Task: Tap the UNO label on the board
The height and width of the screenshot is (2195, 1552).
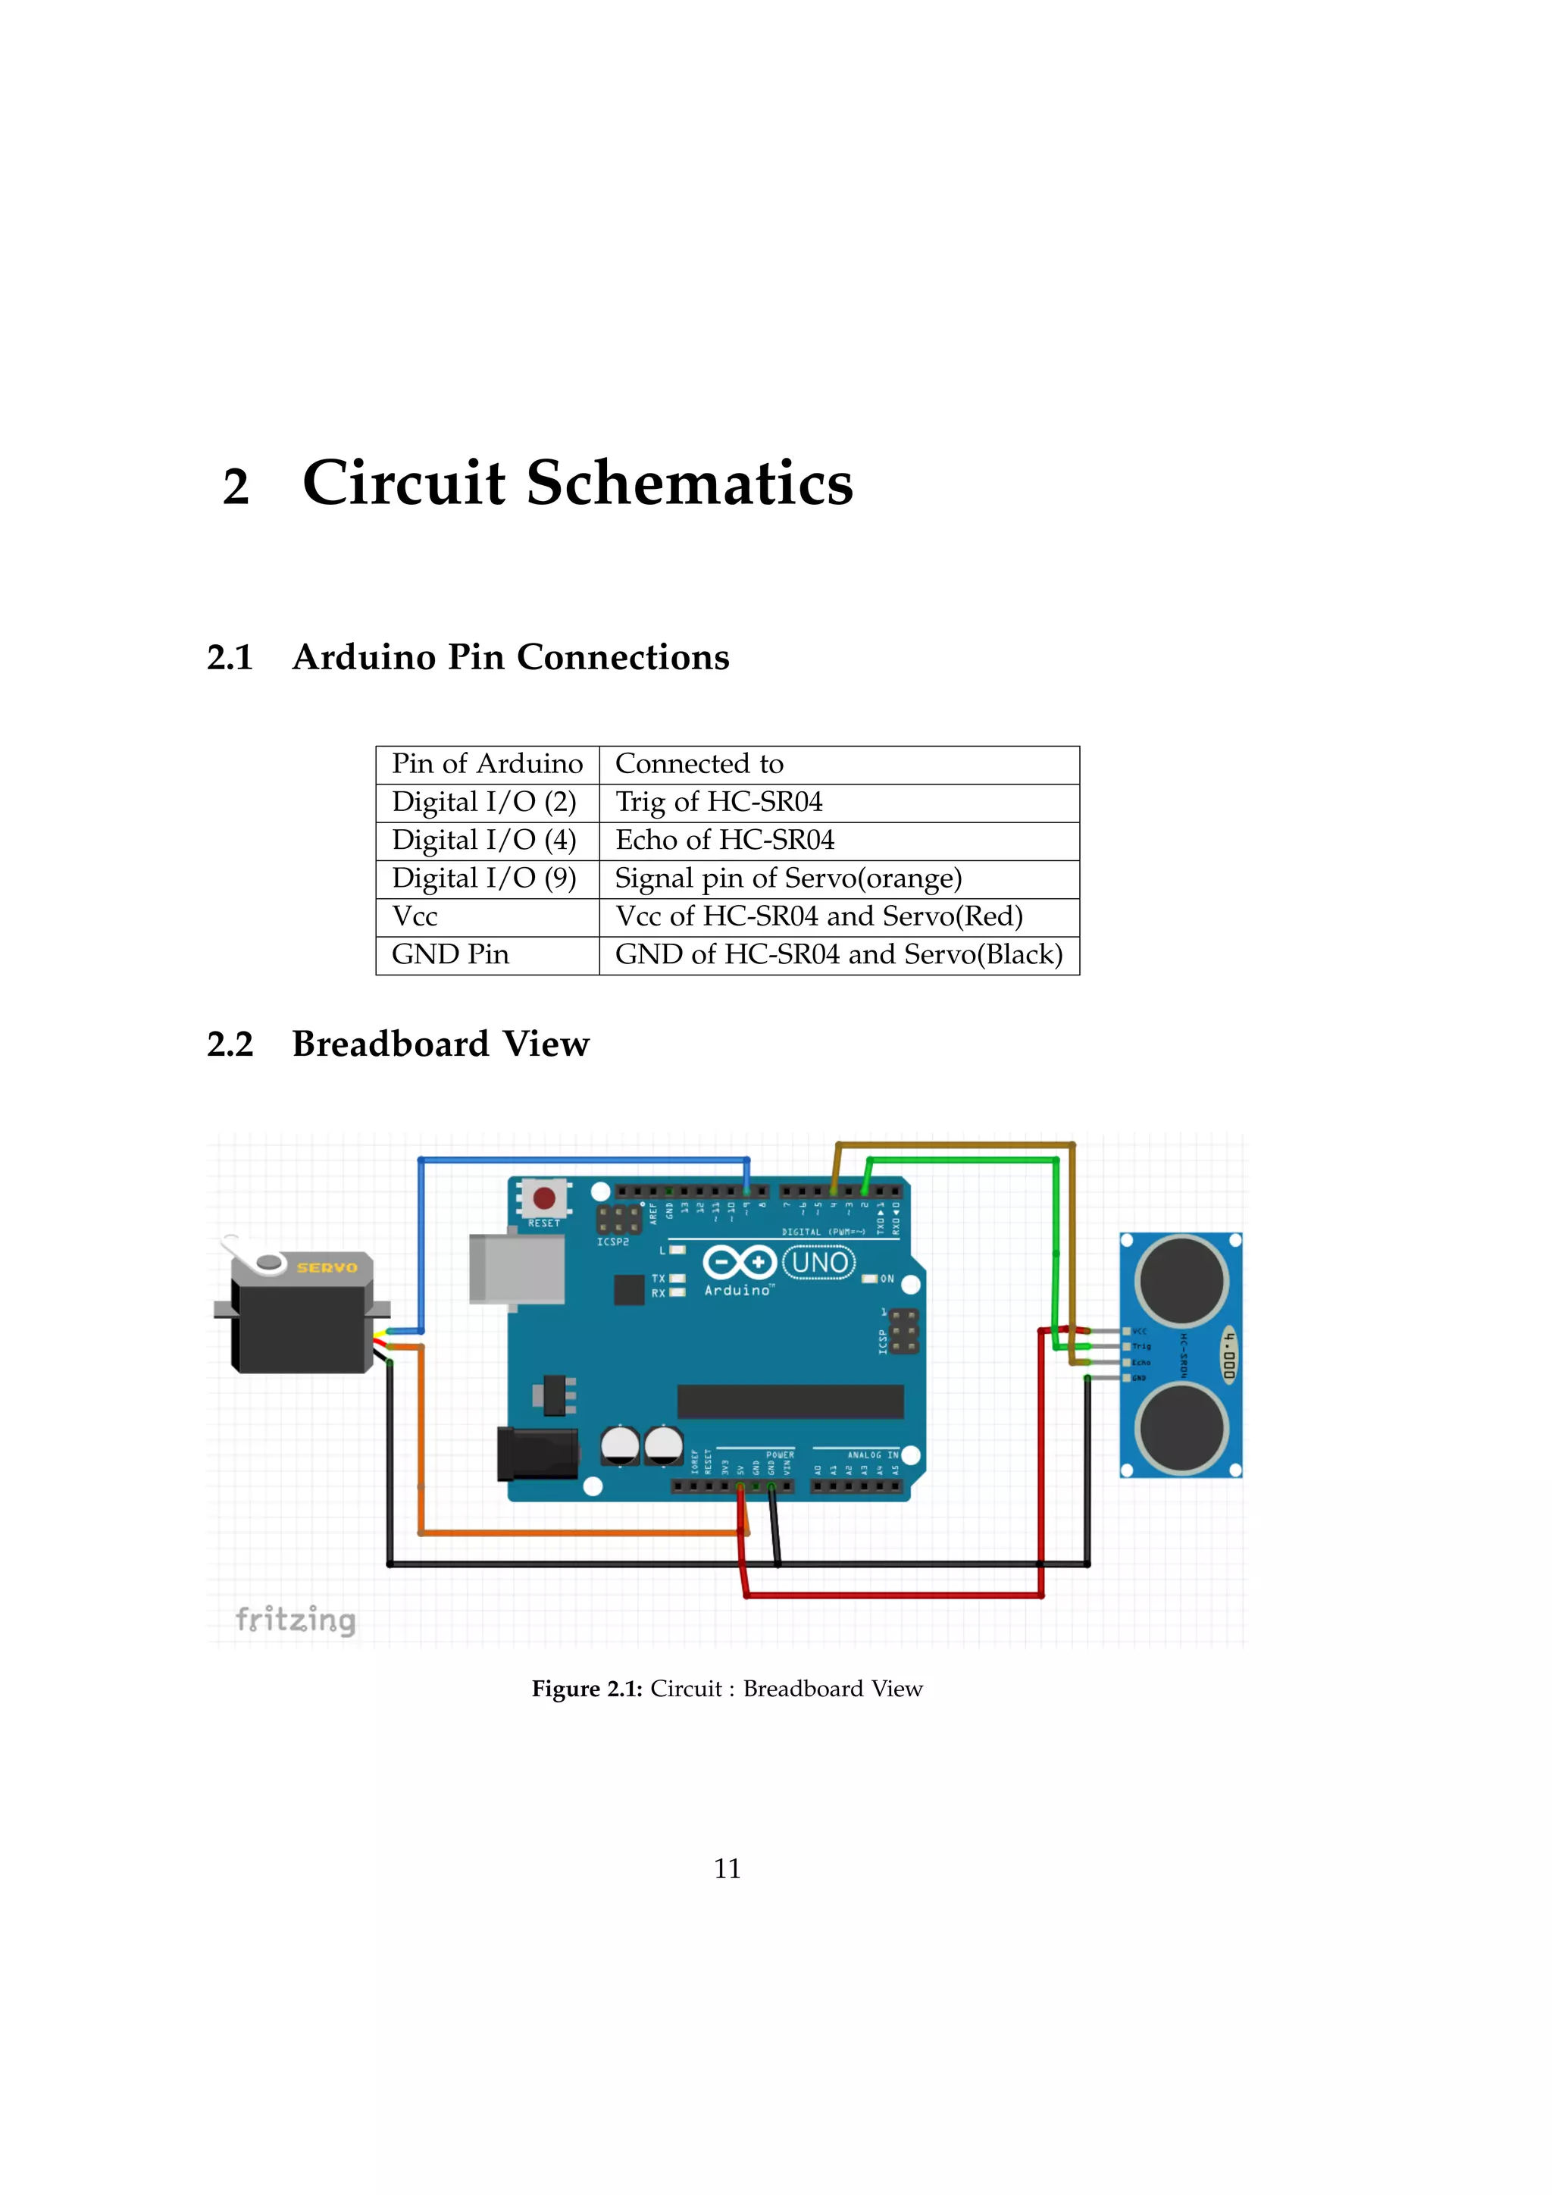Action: point(819,1263)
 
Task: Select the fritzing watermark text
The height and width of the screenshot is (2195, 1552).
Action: point(296,1620)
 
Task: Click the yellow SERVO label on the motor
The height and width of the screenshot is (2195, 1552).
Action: point(326,1268)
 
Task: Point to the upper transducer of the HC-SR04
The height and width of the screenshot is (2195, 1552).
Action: point(1182,1279)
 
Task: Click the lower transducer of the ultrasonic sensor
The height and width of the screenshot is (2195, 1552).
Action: point(1182,1427)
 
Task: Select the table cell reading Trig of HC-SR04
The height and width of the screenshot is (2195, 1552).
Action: point(718,802)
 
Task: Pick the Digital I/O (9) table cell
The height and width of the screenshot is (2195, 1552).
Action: point(484,878)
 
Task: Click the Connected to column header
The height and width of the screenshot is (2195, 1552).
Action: point(699,764)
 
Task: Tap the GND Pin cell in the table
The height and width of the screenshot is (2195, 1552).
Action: point(450,955)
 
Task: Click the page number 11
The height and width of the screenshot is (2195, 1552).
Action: point(727,1868)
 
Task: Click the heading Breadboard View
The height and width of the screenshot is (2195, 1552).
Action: point(440,1044)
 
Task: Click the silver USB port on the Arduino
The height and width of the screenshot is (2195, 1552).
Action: point(517,1269)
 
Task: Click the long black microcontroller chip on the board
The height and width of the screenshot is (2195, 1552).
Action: point(790,1401)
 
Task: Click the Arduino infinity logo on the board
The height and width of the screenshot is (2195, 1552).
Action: point(739,1263)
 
